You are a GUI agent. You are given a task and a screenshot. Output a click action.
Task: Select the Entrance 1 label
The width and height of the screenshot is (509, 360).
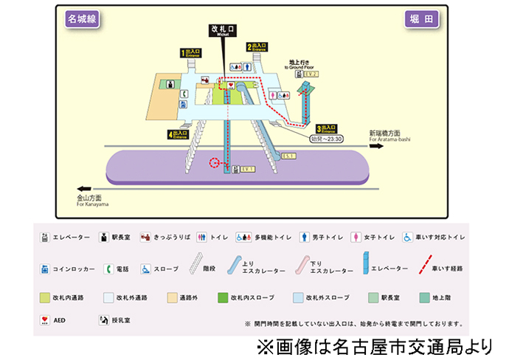(191, 52)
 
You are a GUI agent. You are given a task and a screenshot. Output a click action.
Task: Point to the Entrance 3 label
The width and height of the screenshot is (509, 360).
(327, 128)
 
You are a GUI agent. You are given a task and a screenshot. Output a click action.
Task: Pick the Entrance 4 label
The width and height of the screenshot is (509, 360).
(177, 134)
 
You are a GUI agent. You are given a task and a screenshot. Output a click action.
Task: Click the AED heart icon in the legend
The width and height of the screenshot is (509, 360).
(46, 321)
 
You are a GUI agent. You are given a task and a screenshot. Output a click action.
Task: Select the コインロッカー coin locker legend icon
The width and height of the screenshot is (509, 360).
(46, 269)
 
